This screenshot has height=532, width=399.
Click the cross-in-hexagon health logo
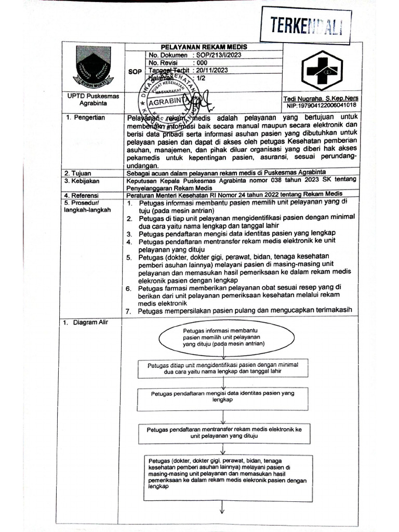point(323,71)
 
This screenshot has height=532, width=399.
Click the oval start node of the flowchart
point(224,337)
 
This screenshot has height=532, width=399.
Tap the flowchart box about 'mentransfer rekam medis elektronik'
point(224,433)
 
